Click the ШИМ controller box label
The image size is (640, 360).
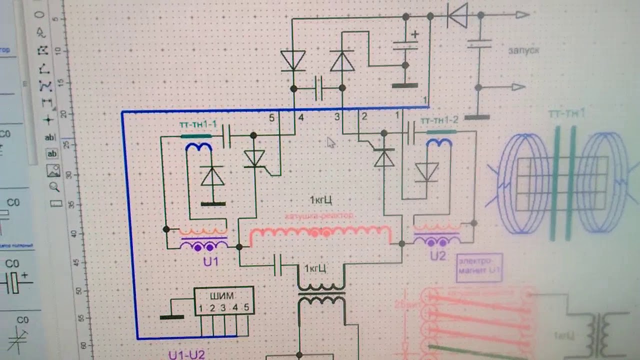pyautogui.click(x=223, y=294)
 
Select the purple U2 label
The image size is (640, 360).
pyautogui.click(x=437, y=256)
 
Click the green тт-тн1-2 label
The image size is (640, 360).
pyautogui.click(x=439, y=121)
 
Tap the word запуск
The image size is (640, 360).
pyautogui.click(x=523, y=50)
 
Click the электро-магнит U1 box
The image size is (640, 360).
pyautogui.click(x=479, y=266)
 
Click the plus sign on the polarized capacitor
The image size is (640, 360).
pyautogui.click(x=414, y=34)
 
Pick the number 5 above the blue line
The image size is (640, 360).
pyautogui.click(x=271, y=118)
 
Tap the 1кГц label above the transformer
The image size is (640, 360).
pyautogui.click(x=315, y=269)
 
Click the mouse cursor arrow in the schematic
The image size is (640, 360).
pyautogui.click(x=330, y=142)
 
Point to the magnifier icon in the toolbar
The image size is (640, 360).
pyautogui.click(x=53, y=187)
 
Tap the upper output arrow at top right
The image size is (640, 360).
pyautogui.click(x=522, y=15)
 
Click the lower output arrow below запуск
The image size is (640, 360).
pyautogui.click(x=518, y=87)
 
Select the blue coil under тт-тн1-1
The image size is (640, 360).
pyautogui.click(x=199, y=146)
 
